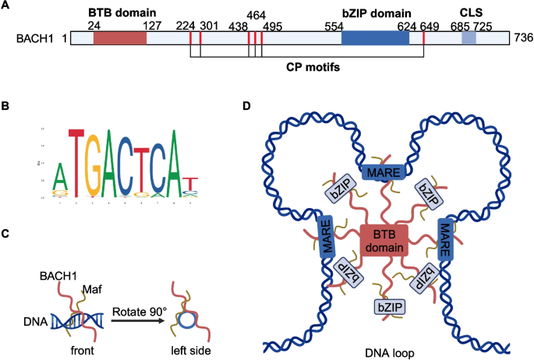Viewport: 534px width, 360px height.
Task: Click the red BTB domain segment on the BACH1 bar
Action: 119,37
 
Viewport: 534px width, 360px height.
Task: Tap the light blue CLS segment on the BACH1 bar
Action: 469,37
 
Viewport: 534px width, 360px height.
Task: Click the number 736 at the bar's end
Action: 522,37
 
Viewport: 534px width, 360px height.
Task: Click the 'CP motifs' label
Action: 314,67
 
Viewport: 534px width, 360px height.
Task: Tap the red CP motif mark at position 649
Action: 423,38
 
